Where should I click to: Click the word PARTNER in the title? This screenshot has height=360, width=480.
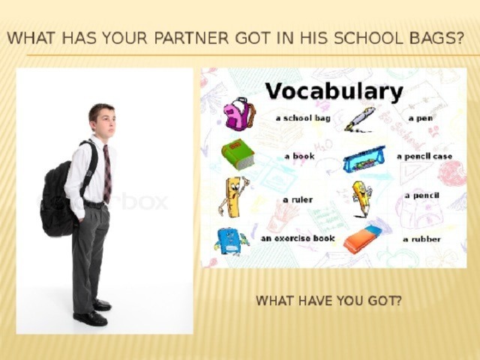pos(191,38)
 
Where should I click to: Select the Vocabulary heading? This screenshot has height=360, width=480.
pos(334,91)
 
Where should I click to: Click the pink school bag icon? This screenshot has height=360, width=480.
pos(239,113)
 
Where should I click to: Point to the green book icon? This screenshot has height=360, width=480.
pos(238,154)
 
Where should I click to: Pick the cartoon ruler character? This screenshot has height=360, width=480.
pos(233,196)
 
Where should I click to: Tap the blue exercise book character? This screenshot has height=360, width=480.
pos(231,241)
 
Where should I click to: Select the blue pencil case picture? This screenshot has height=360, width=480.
pos(364,159)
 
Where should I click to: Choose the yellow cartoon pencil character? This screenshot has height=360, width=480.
pos(361,199)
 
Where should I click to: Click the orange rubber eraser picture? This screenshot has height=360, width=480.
pos(363,240)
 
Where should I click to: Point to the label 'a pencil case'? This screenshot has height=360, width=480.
pos(424,157)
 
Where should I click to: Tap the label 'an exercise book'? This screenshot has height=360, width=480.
pos(298,238)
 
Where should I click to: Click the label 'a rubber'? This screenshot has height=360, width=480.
pos(421,239)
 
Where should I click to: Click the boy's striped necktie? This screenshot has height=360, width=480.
pos(106,173)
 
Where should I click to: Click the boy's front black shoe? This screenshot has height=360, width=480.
pos(90,318)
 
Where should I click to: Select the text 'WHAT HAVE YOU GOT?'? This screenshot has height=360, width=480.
pos(328,301)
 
